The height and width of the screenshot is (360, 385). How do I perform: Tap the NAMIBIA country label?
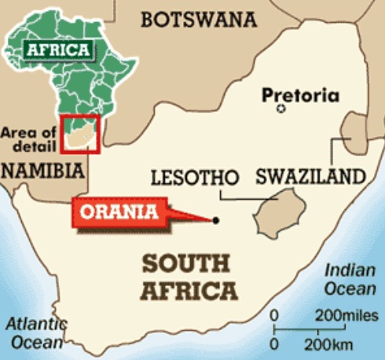(43, 171)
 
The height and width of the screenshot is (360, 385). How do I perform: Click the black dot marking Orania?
(215, 220)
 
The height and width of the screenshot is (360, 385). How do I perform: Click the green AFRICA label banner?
(59, 50)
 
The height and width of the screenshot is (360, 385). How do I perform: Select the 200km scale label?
(322, 345)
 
